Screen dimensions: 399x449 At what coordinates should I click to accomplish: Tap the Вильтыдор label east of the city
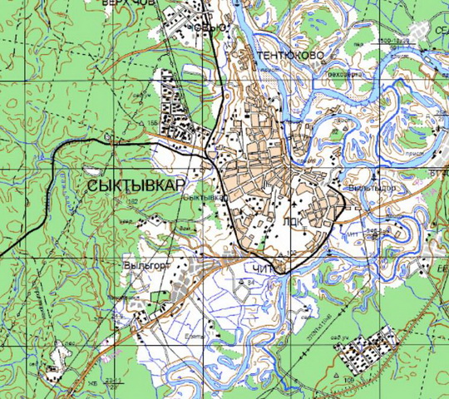376,188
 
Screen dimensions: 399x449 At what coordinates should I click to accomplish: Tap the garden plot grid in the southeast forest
367,348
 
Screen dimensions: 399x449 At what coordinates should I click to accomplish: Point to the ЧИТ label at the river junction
259,268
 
